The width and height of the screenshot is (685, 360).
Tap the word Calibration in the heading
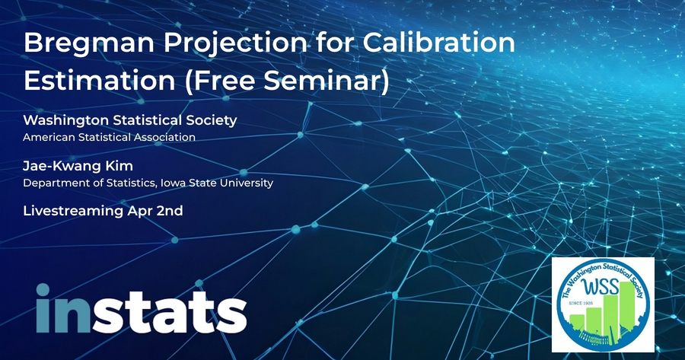point(439,43)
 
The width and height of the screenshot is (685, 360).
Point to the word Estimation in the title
point(100,81)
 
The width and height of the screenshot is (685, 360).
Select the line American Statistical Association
point(109,137)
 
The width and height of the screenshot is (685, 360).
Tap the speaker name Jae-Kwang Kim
point(78,166)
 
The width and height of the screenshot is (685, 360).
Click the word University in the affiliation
point(247,183)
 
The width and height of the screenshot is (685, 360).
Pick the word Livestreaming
point(73,212)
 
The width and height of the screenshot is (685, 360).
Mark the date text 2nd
point(170,211)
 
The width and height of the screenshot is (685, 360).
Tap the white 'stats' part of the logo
point(170,311)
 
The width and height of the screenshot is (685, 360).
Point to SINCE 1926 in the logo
point(580,303)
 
